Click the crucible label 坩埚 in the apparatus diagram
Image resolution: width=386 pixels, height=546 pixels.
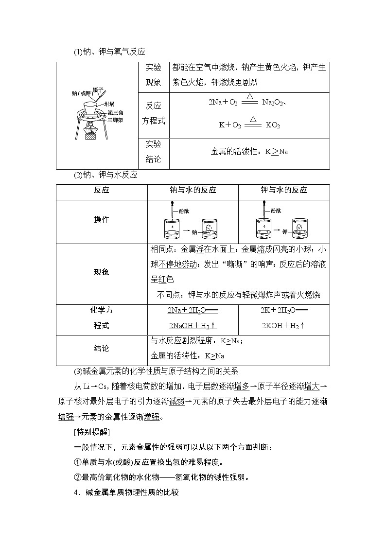coord(108,104)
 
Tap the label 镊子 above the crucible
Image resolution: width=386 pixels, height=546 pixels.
coord(99,89)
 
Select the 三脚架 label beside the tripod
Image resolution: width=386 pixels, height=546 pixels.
coord(115,119)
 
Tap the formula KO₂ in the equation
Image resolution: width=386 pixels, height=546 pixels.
coord(273,125)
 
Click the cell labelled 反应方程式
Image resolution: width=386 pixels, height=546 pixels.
coord(154,113)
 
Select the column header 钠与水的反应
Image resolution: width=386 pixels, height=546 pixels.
coord(193,190)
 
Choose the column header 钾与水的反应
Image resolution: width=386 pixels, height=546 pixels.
coord(284,190)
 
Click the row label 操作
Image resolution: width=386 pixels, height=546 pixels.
coord(102,219)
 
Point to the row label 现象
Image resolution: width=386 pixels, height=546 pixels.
coord(102,272)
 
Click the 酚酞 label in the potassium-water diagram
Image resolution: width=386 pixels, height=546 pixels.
coord(276,211)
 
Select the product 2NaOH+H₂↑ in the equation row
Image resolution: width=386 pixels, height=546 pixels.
coord(193,326)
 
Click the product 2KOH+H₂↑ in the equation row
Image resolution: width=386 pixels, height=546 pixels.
coord(284,326)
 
